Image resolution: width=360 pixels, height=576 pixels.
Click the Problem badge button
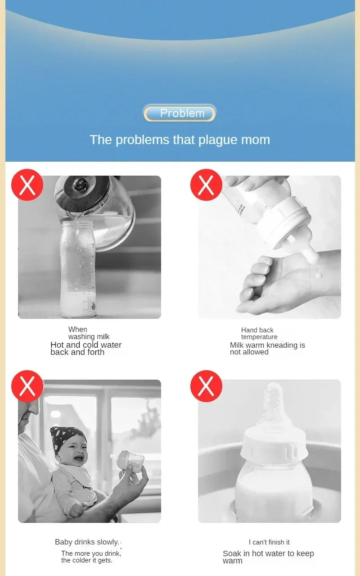tap(180, 113)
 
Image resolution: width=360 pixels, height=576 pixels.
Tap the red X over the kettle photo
tap(27, 185)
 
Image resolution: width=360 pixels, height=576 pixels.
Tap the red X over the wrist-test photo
tap(206, 185)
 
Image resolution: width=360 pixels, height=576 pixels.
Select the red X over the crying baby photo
tap(27, 386)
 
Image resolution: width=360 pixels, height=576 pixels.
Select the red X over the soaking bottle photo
tap(206, 386)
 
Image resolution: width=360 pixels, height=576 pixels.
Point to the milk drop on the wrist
tap(319, 274)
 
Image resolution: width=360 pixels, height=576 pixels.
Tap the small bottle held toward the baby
tap(129, 461)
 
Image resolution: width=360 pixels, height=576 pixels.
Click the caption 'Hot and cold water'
tap(86, 345)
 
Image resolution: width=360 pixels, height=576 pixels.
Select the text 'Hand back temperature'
tap(259, 333)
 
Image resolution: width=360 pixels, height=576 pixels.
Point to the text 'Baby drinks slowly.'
tap(87, 542)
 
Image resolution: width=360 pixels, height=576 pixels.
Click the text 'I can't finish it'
tap(269, 542)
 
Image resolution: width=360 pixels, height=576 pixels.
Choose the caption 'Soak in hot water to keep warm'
tap(268, 557)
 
